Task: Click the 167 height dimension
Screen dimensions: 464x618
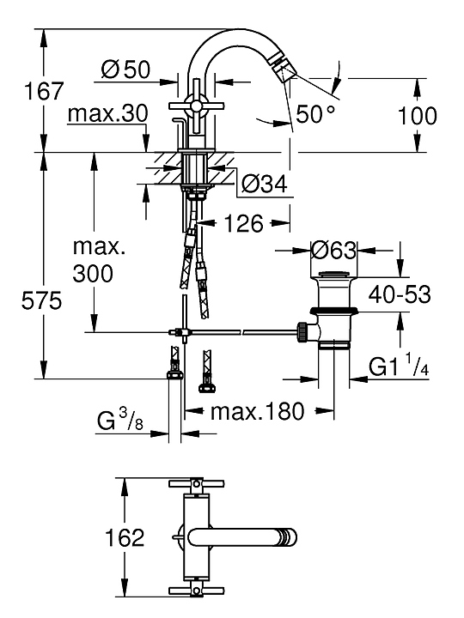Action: coord(44,91)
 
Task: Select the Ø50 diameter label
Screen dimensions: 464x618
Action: coord(125,70)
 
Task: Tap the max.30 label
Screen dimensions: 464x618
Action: coord(107,113)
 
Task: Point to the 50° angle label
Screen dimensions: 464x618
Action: coord(315,114)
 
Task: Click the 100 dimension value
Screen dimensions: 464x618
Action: coord(417,116)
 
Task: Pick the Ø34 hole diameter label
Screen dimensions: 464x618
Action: coord(264,184)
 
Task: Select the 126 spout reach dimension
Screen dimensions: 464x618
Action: coord(244,223)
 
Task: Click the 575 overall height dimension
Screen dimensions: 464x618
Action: coord(41,301)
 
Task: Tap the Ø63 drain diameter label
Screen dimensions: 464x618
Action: coord(333,251)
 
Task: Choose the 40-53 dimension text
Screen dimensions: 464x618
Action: coord(400,294)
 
